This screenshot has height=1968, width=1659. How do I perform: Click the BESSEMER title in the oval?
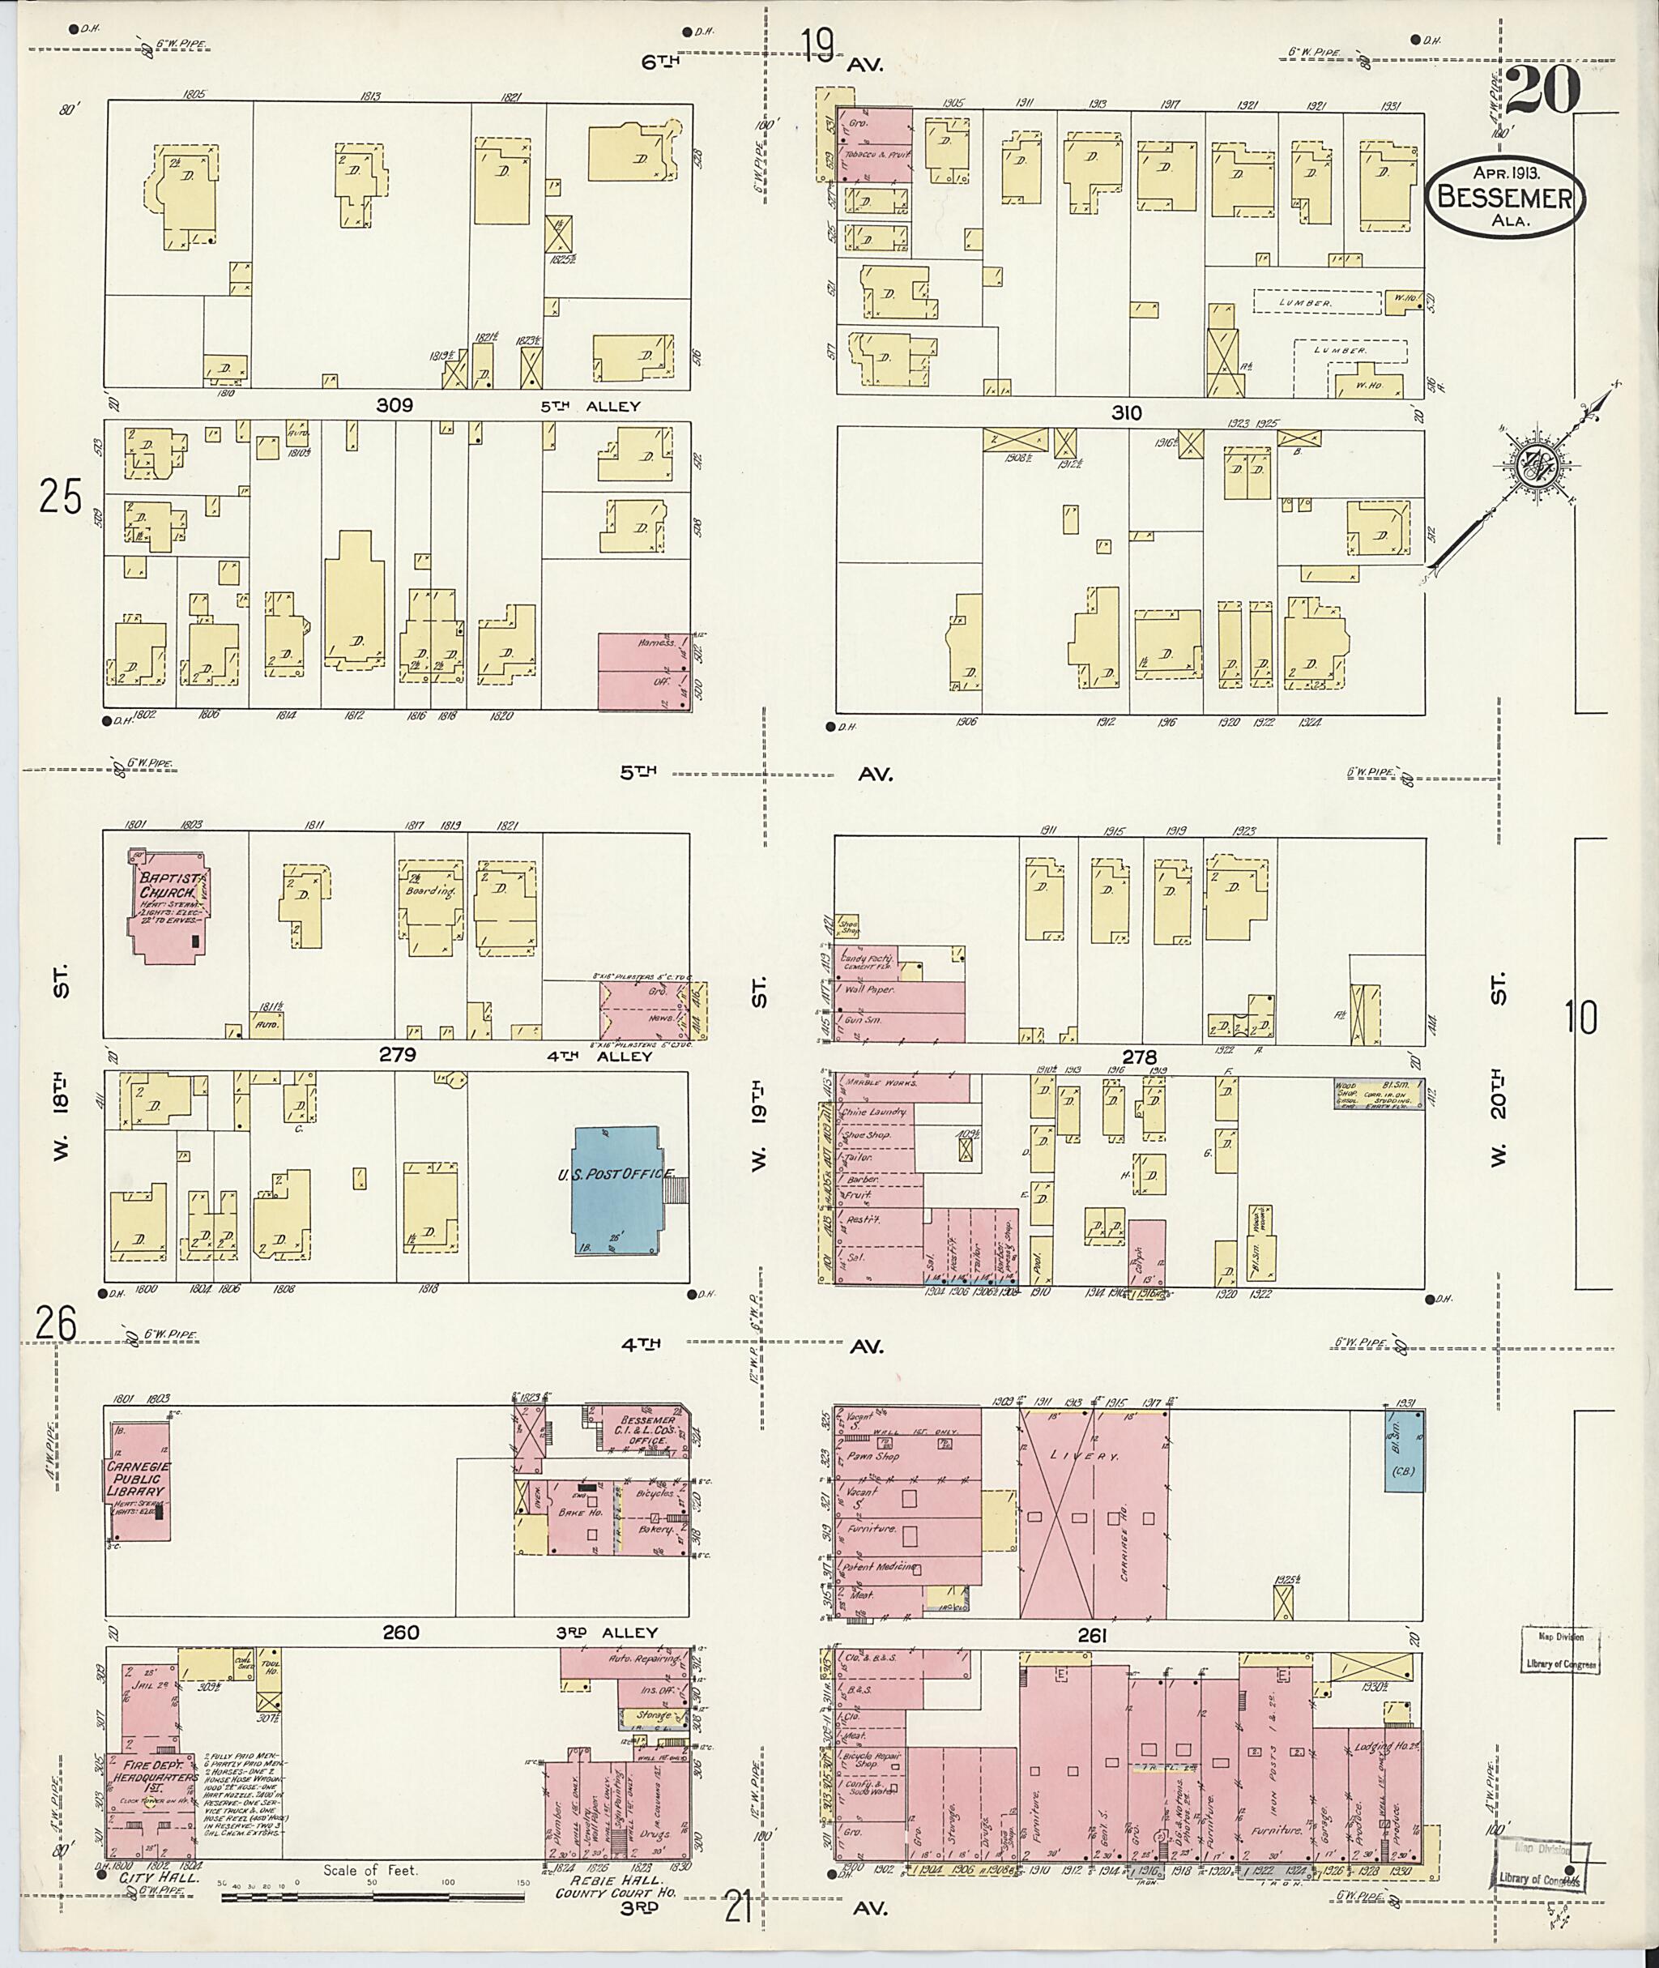click(x=1505, y=198)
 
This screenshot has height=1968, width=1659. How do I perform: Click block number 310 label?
click(x=1126, y=412)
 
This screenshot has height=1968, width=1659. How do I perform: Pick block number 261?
click(x=1092, y=1637)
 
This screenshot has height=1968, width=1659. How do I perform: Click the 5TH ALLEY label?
click(x=590, y=407)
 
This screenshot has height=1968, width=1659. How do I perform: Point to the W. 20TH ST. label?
click(x=1498, y=1068)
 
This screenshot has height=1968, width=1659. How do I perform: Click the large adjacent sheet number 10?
click(x=1581, y=1018)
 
